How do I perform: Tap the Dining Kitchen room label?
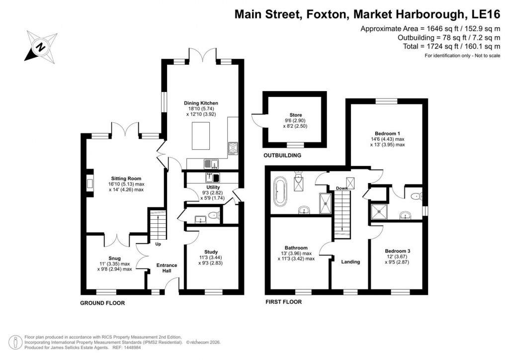coord(202,103)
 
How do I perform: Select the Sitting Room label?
coord(126,178)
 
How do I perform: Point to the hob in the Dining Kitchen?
coord(233,148)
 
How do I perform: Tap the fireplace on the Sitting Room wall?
coord(89,182)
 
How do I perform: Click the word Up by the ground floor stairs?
coord(158,245)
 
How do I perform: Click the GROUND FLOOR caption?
coord(102,303)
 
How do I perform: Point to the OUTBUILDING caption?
coord(282,156)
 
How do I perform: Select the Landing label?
coord(350,262)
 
